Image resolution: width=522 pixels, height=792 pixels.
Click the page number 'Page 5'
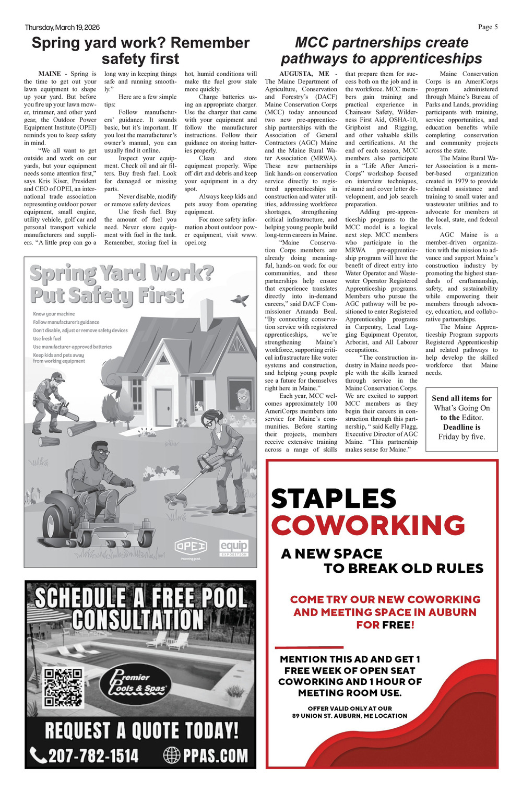pyautogui.click(x=488, y=27)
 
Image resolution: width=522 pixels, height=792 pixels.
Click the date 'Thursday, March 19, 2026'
pyautogui.click(x=62, y=27)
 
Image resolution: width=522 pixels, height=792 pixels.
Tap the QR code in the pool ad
pyautogui.click(x=63, y=688)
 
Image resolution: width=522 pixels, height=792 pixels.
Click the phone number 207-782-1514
pyautogui.click(x=85, y=755)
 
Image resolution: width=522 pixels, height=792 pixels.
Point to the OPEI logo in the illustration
pyautogui.click(x=191, y=547)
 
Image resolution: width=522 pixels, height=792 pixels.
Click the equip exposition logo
pyautogui.click(x=234, y=547)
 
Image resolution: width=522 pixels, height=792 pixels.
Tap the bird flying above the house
pyautogui.click(x=241, y=299)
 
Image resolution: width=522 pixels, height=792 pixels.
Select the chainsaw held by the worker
pyautogui.click(x=66, y=412)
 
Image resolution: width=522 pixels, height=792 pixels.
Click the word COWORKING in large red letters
pyautogui.click(x=367, y=525)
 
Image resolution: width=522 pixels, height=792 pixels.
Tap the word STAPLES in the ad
pyautogui.click(x=334, y=498)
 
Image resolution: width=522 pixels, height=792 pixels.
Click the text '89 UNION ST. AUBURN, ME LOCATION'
pyautogui.click(x=349, y=716)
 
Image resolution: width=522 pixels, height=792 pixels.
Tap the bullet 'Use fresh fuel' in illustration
pyautogui.click(x=47, y=338)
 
